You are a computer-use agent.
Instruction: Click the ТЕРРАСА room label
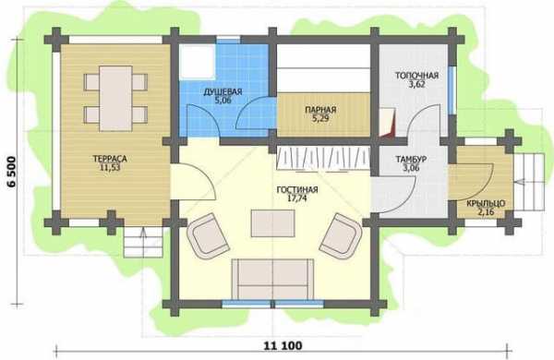coord(110,159)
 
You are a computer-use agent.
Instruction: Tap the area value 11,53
coord(110,167)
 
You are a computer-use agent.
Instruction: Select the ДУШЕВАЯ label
coord(223,92)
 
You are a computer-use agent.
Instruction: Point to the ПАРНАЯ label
coord(320,110)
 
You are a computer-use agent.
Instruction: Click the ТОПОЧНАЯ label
coord(417,76)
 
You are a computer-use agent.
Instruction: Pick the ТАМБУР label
coord(411,160)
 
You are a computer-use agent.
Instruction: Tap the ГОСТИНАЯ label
coord(297,190)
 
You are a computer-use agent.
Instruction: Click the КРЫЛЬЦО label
coord(486,203)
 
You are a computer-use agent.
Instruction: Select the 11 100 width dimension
coord(283,345)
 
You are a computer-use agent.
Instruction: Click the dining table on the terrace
coord(116,98)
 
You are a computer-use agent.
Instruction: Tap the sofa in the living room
coord(272,279)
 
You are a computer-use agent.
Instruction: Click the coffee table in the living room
coord(272,223)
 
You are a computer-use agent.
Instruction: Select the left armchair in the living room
coord(209,234)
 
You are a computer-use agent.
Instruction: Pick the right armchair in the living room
coord(341,235)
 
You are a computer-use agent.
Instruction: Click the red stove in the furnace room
coord(387,123)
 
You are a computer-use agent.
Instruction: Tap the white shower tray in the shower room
coord(198,61)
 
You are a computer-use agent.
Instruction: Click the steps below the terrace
coord(143,242)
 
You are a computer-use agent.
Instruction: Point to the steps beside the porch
coord(528,182)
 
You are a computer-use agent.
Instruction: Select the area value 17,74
coord(297,198)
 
